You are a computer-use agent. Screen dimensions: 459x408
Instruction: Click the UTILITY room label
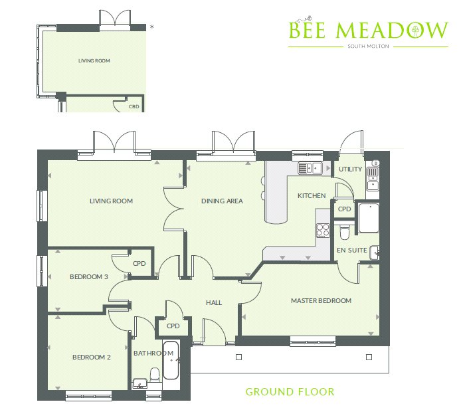click(350, 169)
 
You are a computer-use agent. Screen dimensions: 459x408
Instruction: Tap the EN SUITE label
click(351, 250)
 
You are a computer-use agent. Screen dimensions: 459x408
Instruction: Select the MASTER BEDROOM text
click(321, 300)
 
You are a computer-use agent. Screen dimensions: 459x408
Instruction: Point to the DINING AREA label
click(222, 201)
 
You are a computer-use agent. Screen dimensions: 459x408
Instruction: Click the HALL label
click(214, 302)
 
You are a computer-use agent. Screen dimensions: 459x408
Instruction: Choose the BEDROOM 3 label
click(89, 276)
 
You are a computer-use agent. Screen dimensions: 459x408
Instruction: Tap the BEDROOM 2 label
click(91, 357)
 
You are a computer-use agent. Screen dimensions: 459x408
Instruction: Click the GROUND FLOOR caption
click(290, 391)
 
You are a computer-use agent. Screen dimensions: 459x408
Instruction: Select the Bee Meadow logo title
click(368, 29)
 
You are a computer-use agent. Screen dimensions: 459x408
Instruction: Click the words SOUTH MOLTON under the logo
click(368, 47)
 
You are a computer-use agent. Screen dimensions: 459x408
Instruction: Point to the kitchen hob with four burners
click(323, 230)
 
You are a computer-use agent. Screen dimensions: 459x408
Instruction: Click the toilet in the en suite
click(344, 232)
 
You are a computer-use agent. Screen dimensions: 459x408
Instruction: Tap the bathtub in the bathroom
click(170, 360)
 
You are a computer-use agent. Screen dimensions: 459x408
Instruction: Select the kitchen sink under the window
click(310, 168)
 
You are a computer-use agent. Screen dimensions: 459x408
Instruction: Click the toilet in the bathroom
click(155, 375)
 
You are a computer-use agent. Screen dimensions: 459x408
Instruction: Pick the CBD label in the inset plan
click(134, 106)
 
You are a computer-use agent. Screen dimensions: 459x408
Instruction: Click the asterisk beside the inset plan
click(151, 27)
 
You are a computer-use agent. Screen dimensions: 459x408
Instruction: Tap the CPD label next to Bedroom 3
click(139, 263)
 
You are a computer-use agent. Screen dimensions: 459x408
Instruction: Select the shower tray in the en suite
click(369, 217)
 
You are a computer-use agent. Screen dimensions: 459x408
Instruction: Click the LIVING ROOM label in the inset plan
click(94, 60)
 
